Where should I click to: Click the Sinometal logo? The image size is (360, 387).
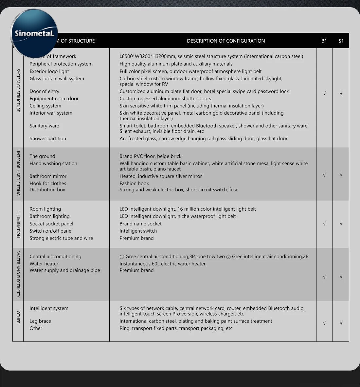point(34,33)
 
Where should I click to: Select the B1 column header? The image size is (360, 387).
point(324,41)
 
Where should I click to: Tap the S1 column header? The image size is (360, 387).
point(341,41)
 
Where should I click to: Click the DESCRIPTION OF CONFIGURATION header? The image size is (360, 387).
point(226,41)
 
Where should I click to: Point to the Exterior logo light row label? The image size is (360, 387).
point(49,71)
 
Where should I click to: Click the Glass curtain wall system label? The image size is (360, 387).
point(57,79)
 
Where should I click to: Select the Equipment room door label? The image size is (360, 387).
point(54,99)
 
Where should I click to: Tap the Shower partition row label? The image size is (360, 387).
point(48,139)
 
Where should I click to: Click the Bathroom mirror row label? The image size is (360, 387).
point(48,176)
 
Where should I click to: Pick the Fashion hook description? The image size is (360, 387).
point(134,184)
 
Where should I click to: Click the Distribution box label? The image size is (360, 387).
point(47,190)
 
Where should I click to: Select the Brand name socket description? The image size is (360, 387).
point(140,224)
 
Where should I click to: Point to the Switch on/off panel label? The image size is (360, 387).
point(51,231)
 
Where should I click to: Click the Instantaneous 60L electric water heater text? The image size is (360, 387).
point(162,264)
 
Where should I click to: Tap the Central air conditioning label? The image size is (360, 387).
point(55,257)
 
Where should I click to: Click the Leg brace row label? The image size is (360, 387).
point(40,321)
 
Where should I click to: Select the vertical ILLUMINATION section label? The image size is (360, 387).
point(18,224)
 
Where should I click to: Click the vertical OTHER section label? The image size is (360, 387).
point(18,317)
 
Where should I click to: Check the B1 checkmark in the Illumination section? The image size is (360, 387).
point(324,224)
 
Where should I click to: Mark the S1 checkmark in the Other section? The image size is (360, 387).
point(341,323)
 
